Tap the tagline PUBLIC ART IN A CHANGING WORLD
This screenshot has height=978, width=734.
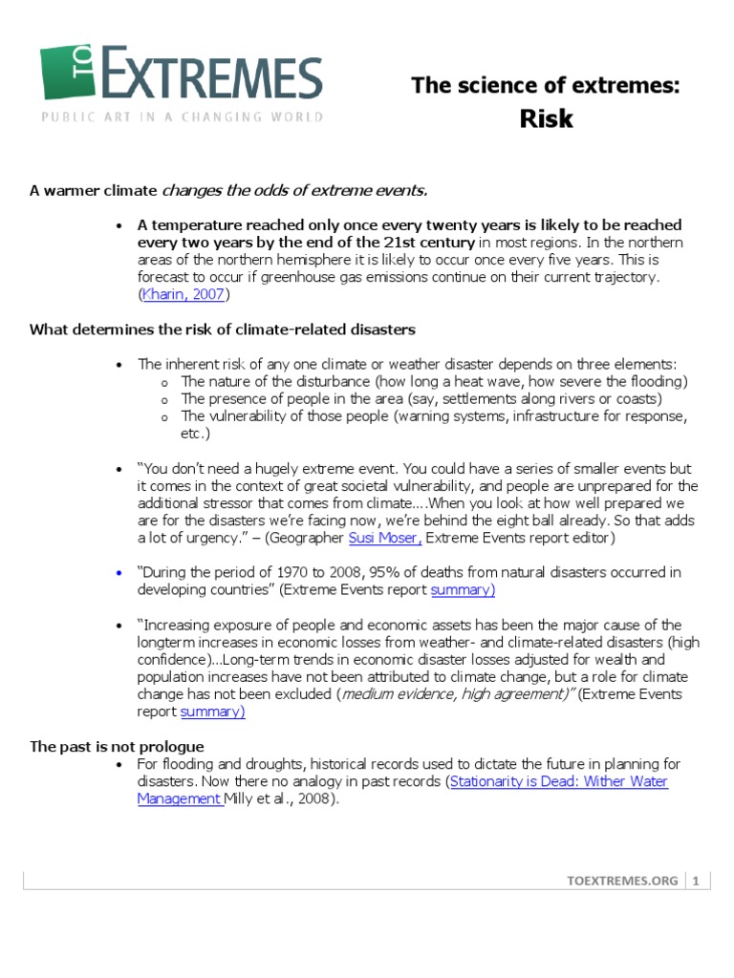point(182,117)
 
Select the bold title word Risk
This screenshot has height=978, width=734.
point(546,117)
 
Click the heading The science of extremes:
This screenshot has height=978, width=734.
point(546,86)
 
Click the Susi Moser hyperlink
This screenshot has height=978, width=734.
point(385,538)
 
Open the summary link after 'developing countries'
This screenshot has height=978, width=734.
point(463,589)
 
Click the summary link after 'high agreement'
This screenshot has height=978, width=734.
point(212,712)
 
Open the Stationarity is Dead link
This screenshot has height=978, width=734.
point(558,781)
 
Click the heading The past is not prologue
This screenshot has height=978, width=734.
point(117,746)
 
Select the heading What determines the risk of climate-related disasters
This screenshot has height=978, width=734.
point(223,330)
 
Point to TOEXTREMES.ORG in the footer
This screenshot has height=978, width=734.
point(621,882)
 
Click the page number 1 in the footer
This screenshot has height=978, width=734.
point(697,882)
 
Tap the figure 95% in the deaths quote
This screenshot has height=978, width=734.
point(359,572)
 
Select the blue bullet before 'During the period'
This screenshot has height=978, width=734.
point(119,573)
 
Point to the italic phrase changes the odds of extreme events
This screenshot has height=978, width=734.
point(294,190)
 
